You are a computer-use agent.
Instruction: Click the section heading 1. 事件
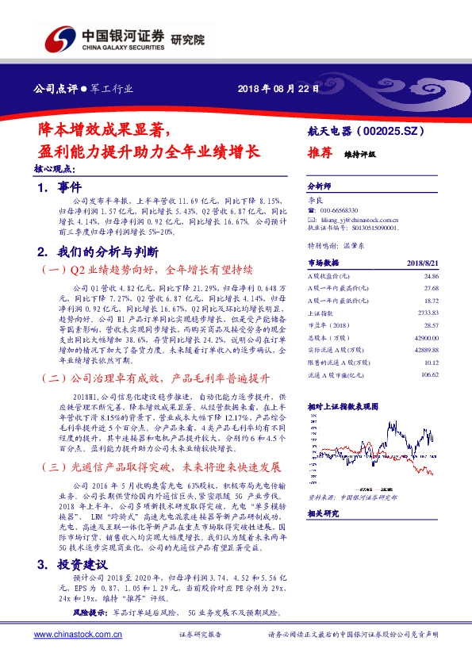click(60, 187)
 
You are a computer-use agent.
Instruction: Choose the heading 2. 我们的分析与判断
click(98, 252)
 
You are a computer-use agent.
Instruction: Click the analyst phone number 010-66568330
click(347, 209)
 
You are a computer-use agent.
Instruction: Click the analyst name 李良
click(315, 200)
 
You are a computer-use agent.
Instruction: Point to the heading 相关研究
click(324, 513)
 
